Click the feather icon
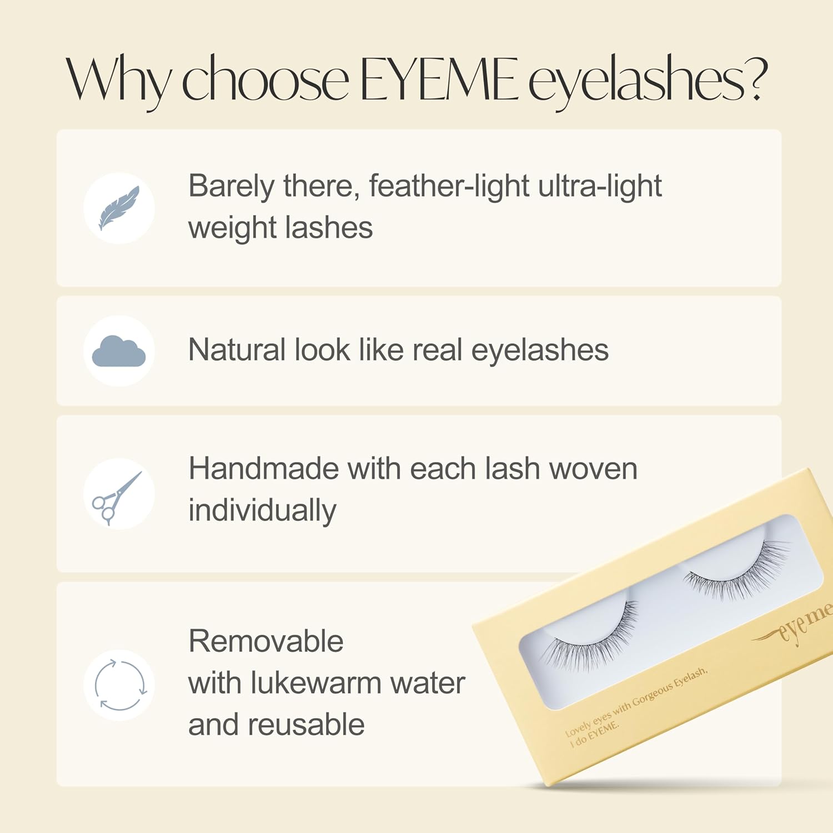(x=119, y=208)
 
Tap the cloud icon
(x=119, y=351)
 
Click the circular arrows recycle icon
(x=120, y=685)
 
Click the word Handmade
(x=264, y=469)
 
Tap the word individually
(x=262, y=511)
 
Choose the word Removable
(x=266, y=641)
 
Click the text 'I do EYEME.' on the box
(x=594, y=734)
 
